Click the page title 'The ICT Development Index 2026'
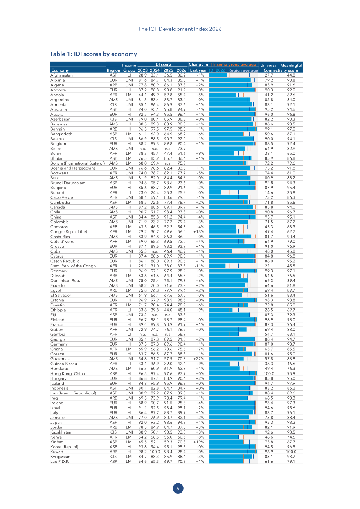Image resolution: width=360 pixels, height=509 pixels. pyautogui.click(x=180, y=29)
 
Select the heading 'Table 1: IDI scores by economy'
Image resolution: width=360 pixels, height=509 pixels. pyautogui.click(x=93, y=54)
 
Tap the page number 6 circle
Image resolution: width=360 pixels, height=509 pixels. pyautogui.click(x=178, y=488)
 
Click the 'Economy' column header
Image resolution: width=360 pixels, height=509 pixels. pyautogui.click(x=60, y=70)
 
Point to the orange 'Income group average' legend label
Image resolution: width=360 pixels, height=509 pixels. pyautogui.click(x=234, y=65)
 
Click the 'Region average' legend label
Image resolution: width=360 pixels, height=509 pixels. pyautogui.click(x=243, y=70)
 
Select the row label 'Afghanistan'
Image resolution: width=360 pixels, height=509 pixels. pyautogui.click(x=61, y=75)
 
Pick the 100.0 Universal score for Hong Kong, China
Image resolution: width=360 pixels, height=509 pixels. pyautogui.click(x=269, y=374)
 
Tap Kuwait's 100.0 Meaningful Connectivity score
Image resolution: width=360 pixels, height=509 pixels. pyautogui.click(x=291, y=452)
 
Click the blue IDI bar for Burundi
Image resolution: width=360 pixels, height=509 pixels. pyautogui.click(x=215, y=192)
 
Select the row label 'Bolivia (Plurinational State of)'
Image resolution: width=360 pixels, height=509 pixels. pyautogui.click(x=77, y=163)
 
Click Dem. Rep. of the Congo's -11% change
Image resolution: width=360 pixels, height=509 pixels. pyautogui.click(x=200, y=266)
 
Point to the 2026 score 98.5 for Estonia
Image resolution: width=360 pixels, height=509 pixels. pyautogui.click(x=182, y=300)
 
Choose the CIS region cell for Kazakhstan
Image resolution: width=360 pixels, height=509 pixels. pyautogui.click(x=113, y=432)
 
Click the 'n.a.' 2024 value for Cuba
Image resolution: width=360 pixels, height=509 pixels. pyautogui.click(x=155, y=251)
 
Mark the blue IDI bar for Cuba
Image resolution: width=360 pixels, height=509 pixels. pyautogui.click(x=220, y=251)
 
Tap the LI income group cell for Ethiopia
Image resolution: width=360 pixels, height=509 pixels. pyautogui.click(x=129, y=310)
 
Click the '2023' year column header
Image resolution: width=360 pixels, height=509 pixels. pyautogui.click(x=142, y=70)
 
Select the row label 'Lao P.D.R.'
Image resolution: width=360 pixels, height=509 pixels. pyautogui.click(x=60, y=462)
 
